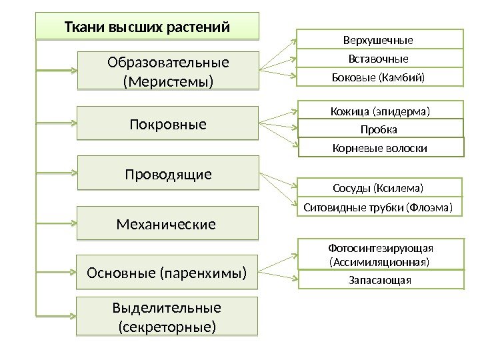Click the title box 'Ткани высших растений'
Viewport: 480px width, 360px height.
click(147, 28)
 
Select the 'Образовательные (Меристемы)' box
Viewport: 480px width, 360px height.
click(167, 71)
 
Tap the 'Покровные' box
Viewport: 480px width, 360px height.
click(167, 123)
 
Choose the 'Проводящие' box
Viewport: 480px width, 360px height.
click(167, 174)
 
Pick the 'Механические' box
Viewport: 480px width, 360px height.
click(167, 224)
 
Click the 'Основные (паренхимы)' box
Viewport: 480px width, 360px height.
click(167, 272)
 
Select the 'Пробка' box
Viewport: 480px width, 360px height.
click(381, 128)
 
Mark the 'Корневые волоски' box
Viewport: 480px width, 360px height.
click(381, 147)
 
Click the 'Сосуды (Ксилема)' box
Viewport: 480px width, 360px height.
click(379, 187)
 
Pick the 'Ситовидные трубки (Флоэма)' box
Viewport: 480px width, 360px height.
click(379, 207)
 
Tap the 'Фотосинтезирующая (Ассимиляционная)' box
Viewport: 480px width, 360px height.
click(381, 254)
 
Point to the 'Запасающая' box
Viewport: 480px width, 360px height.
click(381, 279)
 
